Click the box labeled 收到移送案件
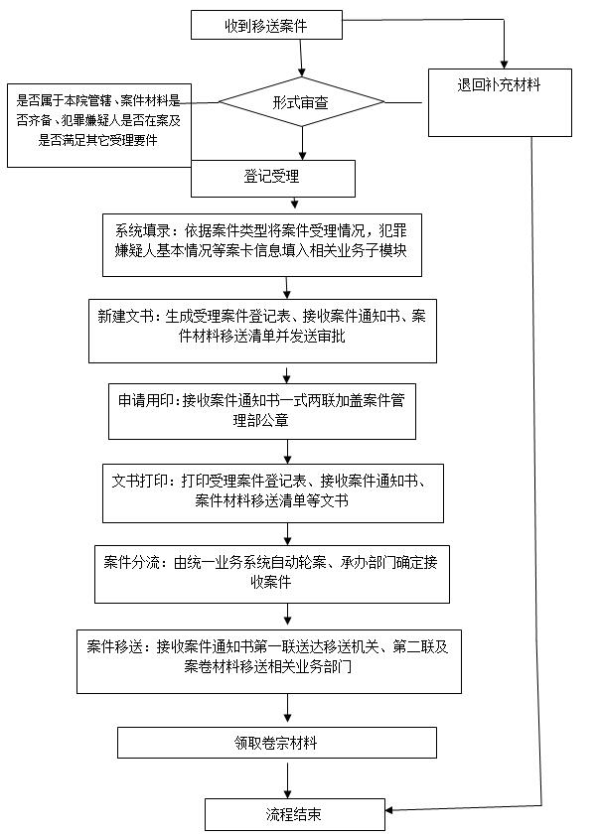(266, 25)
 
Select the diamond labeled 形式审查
(301, 102)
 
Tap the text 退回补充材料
(499, 84)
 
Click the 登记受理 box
(273, 179)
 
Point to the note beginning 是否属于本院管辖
(99, 125)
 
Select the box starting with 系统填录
(262, 245)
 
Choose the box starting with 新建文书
(262, 331)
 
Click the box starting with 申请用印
(262, 412)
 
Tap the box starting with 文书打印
(273, 493)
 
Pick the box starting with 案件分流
(272, 574)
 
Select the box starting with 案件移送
(269, 661)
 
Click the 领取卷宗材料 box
(277, 743)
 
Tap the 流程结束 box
(295, 814)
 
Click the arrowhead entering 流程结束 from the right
(389, 810)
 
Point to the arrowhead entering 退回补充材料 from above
(504, 65)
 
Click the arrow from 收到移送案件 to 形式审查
(301, 59)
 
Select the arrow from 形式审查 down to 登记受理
(302, 143)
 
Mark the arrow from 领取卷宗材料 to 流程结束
(288, 780)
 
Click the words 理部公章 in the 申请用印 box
(261, 420)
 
